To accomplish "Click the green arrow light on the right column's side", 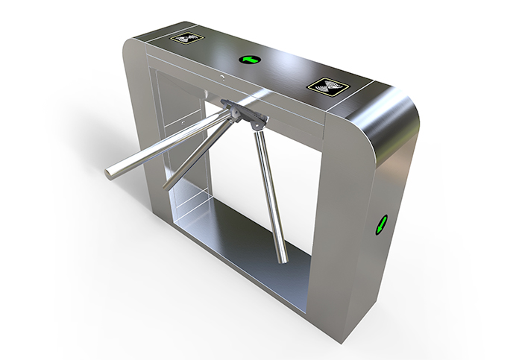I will coord(383,222).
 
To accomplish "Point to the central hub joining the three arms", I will coord(242,113).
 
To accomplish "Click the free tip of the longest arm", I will coord(110,173).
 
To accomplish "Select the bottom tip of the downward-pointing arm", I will coord(283,259).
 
